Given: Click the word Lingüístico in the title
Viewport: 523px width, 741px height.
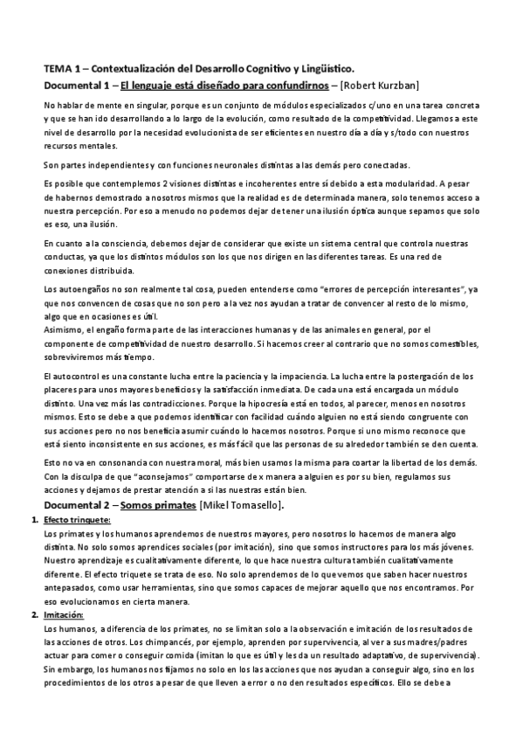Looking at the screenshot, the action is click(x=328, y=68).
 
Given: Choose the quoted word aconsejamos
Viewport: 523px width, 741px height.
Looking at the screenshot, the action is click(x=134, y=478).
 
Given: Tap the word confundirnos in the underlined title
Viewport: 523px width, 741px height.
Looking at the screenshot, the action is click(x=284, y=85).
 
